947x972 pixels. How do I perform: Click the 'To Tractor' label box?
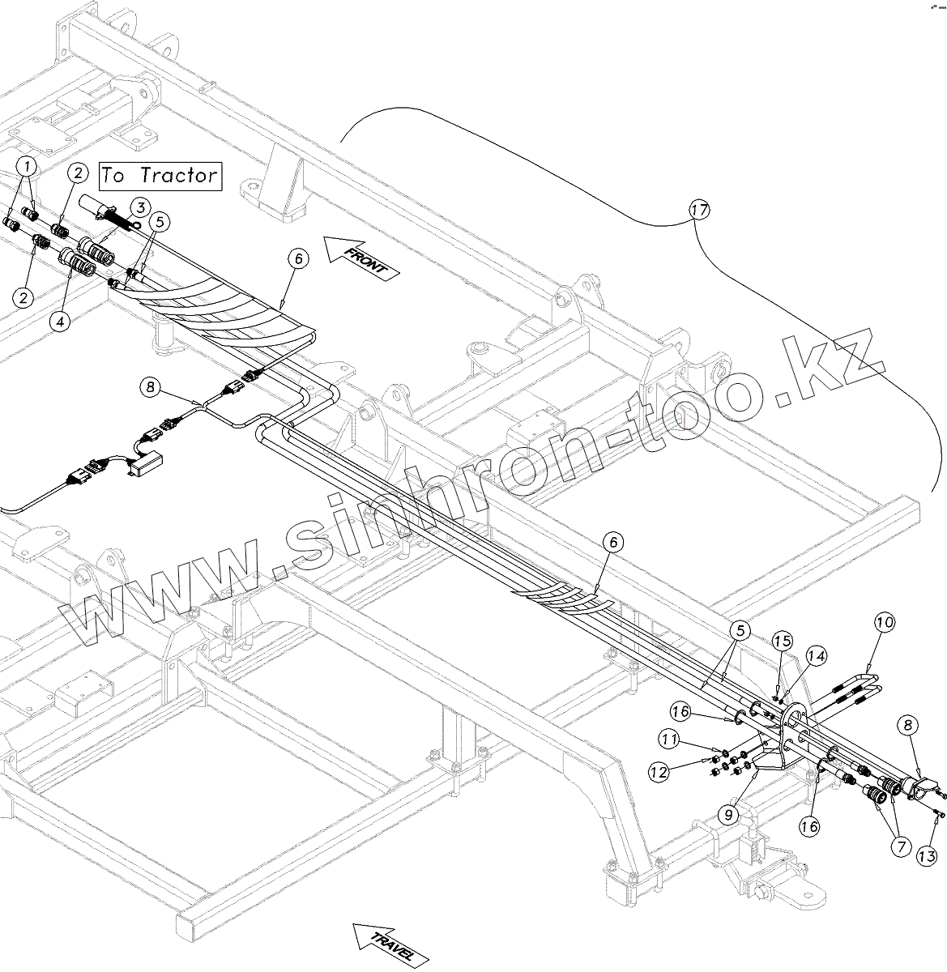(160, 176)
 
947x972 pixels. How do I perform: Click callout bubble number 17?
(699, 210)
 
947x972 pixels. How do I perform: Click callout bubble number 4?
(58, 320)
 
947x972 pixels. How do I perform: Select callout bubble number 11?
(668, 738)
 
